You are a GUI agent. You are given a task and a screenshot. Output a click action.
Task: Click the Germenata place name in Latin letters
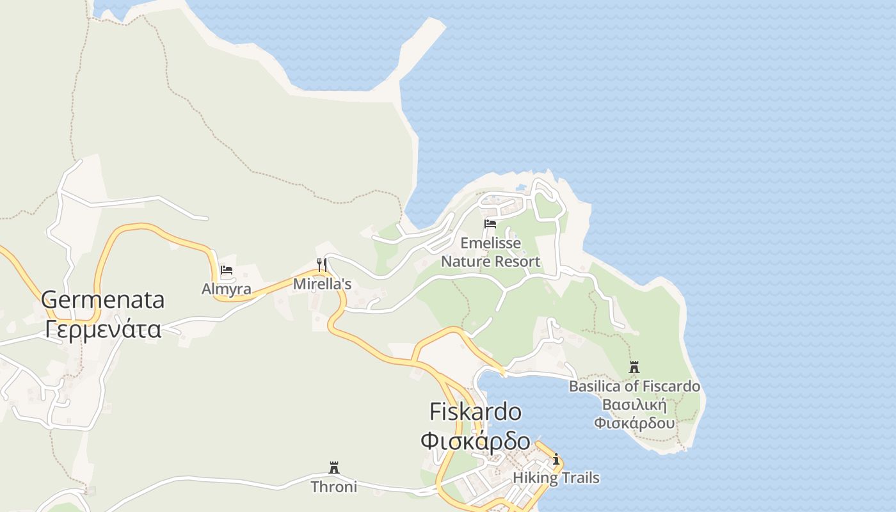tap(102, 300)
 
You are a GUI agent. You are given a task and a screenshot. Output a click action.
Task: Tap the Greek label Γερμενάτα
tap(102, 329)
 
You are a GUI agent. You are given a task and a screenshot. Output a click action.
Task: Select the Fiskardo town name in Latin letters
tap(475, 412)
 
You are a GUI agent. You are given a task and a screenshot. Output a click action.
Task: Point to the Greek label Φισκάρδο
tap(475, 441)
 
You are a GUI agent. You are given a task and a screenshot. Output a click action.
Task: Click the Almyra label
tap(227, 289)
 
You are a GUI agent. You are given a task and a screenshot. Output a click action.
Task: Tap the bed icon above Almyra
tap(227, 270)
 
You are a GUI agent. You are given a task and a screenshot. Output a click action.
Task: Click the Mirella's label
tap(322, 284)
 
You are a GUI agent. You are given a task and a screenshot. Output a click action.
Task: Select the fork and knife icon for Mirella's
tap(322, 264)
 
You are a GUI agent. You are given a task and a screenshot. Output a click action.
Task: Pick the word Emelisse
tap(490, 243)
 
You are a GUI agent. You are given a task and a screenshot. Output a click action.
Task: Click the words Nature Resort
tap(490, 261)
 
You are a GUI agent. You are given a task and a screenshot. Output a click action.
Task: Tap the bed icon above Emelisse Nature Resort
tap(490, 224)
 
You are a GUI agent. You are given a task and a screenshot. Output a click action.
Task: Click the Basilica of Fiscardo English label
tap(634, 387)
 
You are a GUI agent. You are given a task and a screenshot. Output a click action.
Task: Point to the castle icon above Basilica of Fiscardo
tap(634, 367)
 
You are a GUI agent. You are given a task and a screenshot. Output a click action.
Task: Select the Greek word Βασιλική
tap(634, 405)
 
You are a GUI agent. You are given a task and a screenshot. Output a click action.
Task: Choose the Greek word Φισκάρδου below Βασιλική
tap(634, 423)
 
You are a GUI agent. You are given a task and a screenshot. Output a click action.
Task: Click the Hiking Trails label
tap(556, 477)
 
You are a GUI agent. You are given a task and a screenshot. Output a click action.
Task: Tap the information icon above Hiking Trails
tap(556, 459)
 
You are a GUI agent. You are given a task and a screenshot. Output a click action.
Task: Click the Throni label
tap(333, 486)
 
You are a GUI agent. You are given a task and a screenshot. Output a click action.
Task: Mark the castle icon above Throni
tap(333, 467)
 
